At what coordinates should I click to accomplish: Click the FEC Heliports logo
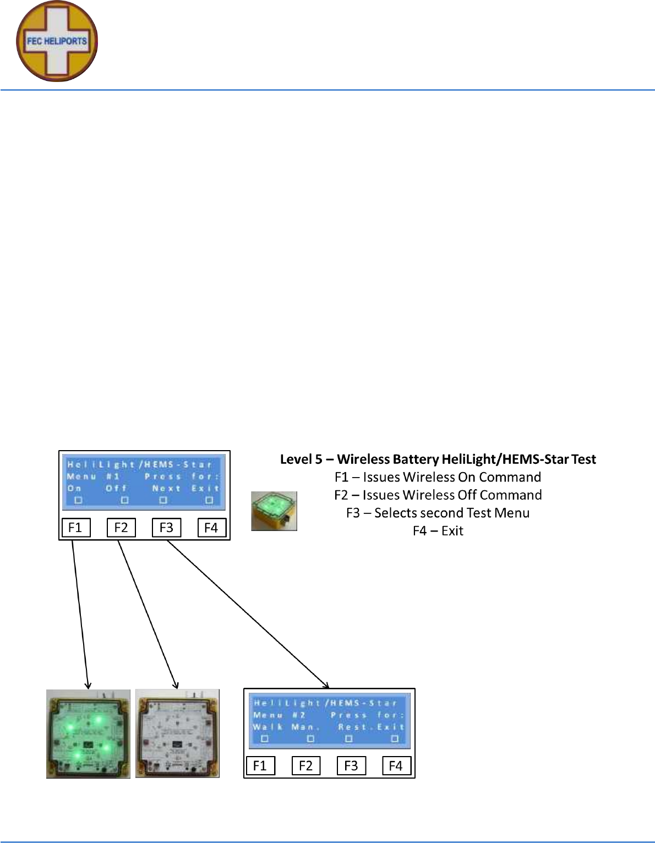click(57, 41)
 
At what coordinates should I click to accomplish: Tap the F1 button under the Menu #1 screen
click(75, 528)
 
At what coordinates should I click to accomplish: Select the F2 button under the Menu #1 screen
click(121, 528)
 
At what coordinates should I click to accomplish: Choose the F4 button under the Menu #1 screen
click(211, 528)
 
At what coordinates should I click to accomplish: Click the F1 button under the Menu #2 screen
click(260, 765)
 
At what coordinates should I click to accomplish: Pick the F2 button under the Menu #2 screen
click(305, 765)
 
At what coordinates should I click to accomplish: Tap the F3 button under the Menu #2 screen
click(351, 765)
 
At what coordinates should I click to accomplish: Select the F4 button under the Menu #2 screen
click(396, 765)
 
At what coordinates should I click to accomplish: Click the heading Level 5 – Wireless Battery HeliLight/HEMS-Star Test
click(438, 459)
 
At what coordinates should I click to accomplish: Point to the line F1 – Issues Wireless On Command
click(438, 477)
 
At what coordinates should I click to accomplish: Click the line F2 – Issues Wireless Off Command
click(438, 495)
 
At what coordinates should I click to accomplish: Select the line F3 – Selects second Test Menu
click(438, 513)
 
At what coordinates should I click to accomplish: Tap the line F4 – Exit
click(438, 531)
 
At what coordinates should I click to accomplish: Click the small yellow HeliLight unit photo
click(274, 511)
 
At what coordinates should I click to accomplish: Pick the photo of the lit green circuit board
click(88, 733)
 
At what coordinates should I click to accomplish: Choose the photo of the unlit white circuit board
click(177, 733)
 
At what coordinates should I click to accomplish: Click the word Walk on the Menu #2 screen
click(268, 727)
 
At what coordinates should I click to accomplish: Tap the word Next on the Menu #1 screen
click(166, 489)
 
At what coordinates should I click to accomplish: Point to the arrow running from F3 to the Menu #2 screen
click(248, 614)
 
